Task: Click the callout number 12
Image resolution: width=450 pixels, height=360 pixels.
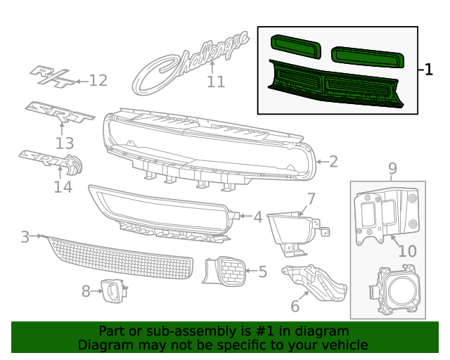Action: (x=98, y=81)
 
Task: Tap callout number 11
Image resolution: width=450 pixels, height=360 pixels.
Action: (x=216, y=82)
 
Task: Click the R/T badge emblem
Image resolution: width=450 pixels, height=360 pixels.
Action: (x=53, y=77)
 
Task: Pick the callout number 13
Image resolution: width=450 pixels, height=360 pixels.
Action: (x=65, y=144)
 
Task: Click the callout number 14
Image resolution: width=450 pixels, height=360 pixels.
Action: (x=63, y=187)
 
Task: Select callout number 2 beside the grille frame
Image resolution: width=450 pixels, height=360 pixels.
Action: (x=333, y=162)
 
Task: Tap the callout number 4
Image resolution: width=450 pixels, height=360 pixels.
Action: (x=258, y=217)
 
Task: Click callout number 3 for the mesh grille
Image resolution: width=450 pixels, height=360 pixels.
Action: (x=25, y=237)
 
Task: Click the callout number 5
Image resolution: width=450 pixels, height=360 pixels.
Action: (x=262, y=271)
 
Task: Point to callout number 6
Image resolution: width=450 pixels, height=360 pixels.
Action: (x=295, y=307)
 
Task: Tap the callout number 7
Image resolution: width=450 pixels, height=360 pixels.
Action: (x=310, y=198)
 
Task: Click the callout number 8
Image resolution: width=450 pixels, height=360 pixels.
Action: (x=86, y=290)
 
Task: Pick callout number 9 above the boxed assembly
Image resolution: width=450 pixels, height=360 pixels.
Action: (x=392, y=168)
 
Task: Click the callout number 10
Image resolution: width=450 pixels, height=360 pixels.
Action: (x=407, y=251)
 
